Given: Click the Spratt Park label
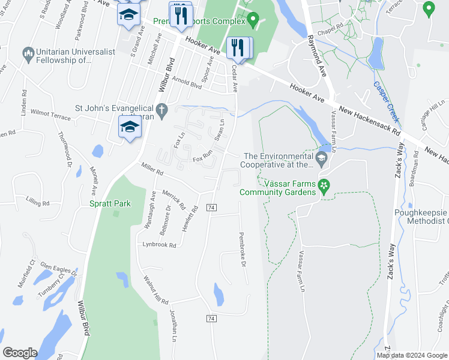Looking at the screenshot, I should point(111,204).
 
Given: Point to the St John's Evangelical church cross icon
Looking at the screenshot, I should point(161,109).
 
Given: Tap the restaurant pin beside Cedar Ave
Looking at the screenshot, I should point(239,47).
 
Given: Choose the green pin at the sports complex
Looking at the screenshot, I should point(253,20).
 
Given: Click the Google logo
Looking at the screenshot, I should point(20,353).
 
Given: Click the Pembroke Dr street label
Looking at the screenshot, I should point(243,250).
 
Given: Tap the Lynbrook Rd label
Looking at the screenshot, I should point(159,245).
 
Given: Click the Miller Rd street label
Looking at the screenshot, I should point(152,171).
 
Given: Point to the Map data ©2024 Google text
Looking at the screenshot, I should point(412,355).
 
